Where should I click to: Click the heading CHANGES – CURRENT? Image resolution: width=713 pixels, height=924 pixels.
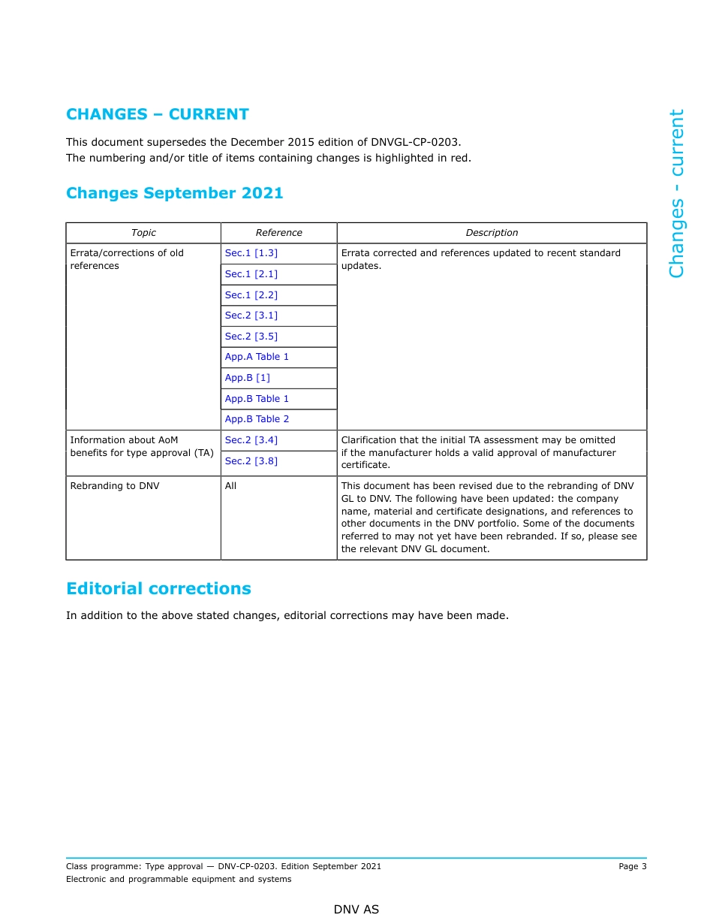tap(157, 114)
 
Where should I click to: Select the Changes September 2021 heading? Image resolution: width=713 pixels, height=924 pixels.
tap(174, 193)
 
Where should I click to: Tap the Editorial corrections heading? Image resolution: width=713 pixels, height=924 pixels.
tap(158, 589)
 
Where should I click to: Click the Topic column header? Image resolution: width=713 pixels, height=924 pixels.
tap(143, 233)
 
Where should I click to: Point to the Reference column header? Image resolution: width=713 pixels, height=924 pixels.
tap(278, 233)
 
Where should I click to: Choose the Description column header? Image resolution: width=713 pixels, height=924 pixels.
tap(492, 233)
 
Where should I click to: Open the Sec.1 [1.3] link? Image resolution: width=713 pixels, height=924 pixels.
tap(251, 253)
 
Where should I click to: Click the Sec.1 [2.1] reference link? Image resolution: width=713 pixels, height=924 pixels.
tap(251, 274)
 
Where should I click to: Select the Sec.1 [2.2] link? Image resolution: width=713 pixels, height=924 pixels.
tap(251, 295)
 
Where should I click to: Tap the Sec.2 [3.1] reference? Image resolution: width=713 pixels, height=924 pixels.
tap(251, 316)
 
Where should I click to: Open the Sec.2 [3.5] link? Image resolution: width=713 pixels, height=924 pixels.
tap(251, 337)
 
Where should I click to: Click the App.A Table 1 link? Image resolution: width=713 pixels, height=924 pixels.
tap(257, 357)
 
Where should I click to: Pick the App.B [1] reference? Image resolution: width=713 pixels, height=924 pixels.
tap(247, 378)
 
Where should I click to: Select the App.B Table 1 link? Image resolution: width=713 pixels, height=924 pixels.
tap(257, 399)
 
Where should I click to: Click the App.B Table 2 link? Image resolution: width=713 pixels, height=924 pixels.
tap(257, 419)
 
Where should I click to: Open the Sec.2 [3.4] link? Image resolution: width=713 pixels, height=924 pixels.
tap(251, 440)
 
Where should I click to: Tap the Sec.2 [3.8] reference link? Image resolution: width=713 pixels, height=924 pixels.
tap(251, 461)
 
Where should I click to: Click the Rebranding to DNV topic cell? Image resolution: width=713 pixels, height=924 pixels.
tap(115, 486)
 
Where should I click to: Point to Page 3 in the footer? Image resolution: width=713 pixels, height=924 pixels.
tap(632, 866)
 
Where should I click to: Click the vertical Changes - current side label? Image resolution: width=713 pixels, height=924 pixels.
tap(676, 193)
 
